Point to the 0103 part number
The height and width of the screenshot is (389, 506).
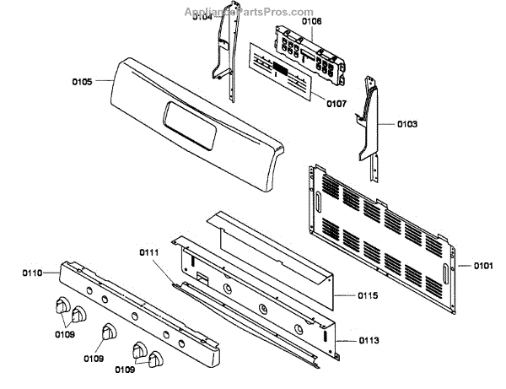tap(406, 124)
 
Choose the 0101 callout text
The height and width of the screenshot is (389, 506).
tap(482, 267)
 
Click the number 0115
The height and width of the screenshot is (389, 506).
tap(368, 295)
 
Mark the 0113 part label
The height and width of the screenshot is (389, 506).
tap(368, 340)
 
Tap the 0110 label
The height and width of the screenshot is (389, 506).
tap(31, 273)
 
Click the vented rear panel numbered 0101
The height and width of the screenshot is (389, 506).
tap(384, 223)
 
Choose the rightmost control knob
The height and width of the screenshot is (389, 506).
tap(155, 360)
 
